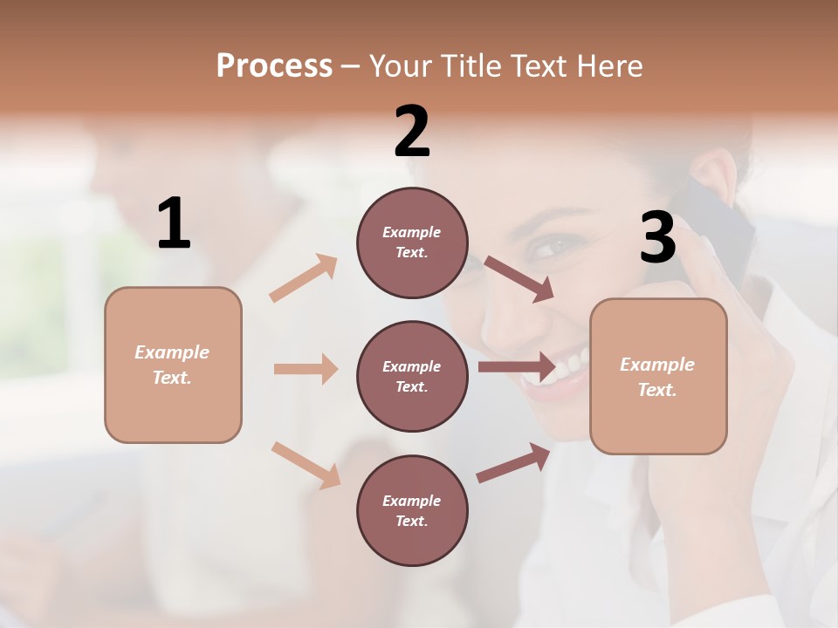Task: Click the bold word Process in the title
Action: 274,66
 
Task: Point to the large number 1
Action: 174,224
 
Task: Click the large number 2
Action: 412,132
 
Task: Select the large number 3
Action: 657,238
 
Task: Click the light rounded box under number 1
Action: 173,365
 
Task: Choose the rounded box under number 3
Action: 658,376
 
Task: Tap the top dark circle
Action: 412,242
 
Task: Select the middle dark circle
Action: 412,376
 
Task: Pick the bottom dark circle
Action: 412,510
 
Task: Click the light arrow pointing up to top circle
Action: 304,278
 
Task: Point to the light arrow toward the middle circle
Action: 306,369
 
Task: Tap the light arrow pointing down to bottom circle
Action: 306,464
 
